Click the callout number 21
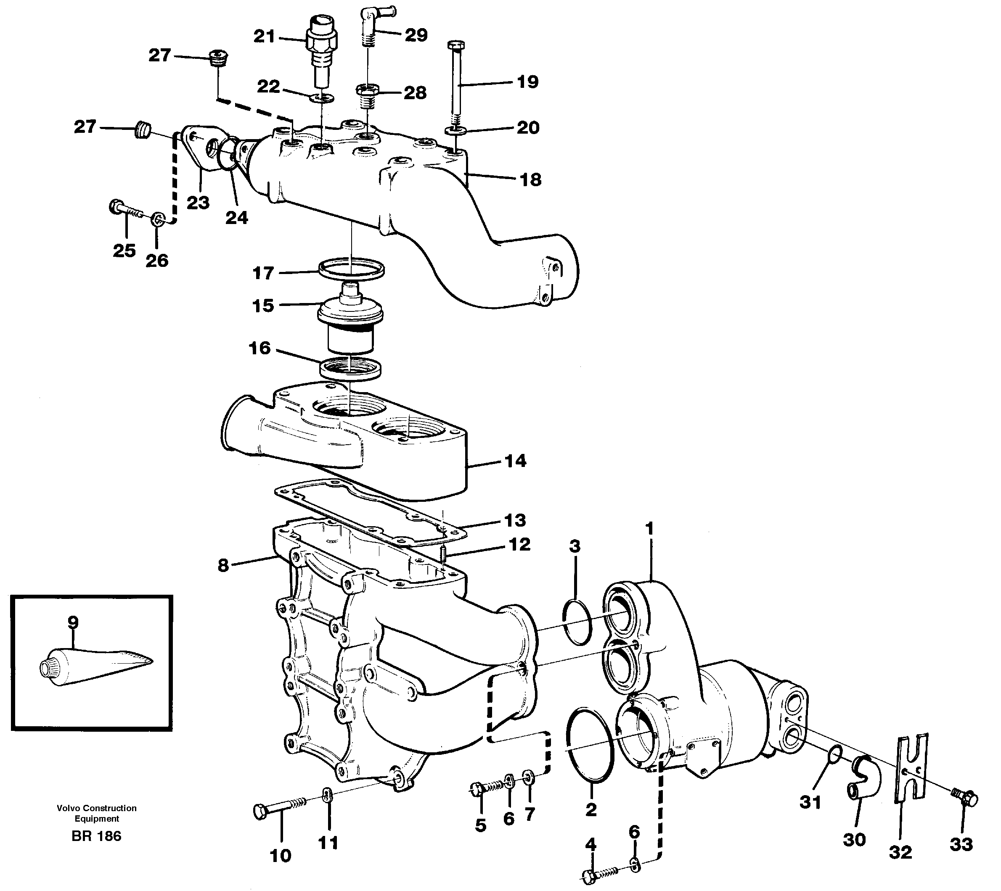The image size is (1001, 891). (x=264, y=37)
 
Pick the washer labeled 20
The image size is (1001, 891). (x=455, y=131)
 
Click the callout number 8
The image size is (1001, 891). (x=223, y=565)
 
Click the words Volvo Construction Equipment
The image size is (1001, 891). (x=96, y=813)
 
